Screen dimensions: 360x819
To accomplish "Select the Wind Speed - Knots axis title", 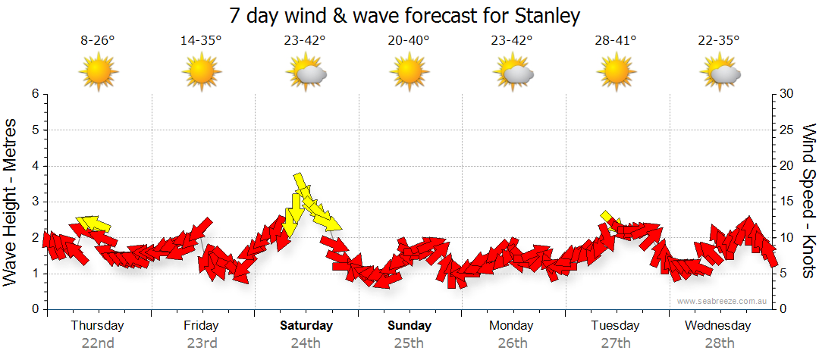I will pos(808,201).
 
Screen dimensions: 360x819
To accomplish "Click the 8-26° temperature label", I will pos(98,41).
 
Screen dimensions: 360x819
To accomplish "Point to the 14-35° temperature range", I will pos(201,41).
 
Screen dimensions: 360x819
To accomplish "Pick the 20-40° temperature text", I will pos(408,41).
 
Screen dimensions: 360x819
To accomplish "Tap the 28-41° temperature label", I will pos(615,41).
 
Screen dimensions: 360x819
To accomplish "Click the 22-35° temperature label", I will pos(719,41).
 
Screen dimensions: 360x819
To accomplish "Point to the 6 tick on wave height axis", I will pos(35,94).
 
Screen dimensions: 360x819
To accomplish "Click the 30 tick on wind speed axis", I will pos(786,94).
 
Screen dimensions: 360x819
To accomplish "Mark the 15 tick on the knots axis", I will pos(786,202).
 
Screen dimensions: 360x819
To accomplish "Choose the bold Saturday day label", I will pos(306,326).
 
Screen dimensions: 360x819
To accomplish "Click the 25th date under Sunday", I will pos(409,343).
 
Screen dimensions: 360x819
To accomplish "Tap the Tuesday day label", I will pos(615,326).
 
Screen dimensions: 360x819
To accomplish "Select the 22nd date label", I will pos(98,343).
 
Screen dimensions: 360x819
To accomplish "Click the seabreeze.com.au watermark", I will pos(723,301).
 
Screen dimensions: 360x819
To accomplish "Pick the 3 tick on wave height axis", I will pos(35,202).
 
